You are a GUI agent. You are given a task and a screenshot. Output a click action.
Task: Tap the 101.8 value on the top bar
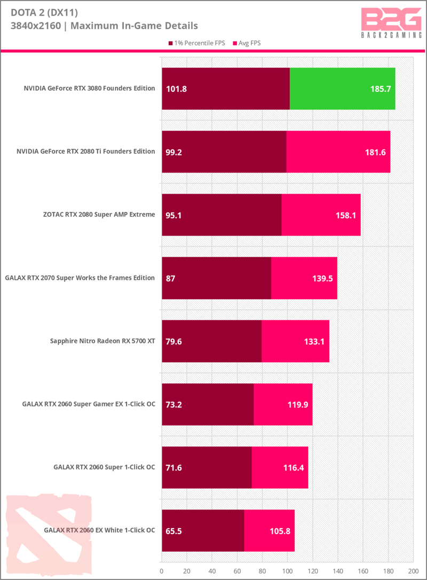tap(177, 89)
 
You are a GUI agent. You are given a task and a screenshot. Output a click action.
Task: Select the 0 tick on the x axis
tap(162, 570)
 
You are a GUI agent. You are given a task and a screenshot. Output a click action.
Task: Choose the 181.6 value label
tap(375, 152)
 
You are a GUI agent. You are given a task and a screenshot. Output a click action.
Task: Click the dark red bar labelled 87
tap(216, 278)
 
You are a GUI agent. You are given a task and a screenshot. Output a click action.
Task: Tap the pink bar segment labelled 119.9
tap(283, 404)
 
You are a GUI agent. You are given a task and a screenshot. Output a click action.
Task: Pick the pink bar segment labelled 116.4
tap(280, 467)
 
